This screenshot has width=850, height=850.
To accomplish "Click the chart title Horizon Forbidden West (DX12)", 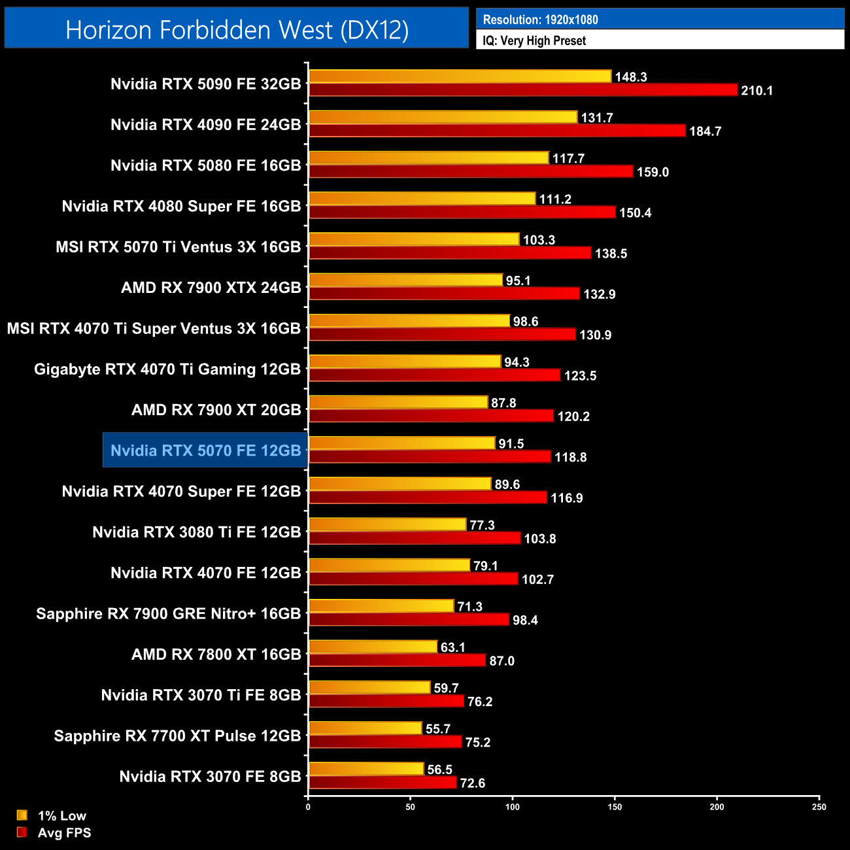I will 237,29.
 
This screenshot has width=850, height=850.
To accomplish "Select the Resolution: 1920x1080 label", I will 540,20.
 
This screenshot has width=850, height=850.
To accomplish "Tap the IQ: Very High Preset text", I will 534,41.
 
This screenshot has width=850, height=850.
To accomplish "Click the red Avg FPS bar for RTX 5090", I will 523,90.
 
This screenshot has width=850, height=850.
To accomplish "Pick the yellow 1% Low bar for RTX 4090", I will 443,117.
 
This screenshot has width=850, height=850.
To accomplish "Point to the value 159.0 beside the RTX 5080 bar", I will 653,172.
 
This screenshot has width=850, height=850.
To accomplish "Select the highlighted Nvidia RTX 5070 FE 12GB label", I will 205,450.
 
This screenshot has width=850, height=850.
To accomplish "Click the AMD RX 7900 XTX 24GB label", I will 211,288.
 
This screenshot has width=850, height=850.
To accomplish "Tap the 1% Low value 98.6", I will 526,322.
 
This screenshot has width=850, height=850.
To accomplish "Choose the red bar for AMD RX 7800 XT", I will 397,660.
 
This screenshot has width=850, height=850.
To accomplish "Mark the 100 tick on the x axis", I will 513,807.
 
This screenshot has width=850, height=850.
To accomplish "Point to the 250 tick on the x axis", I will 819,807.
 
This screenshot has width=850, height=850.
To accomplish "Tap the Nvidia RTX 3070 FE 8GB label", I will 210,777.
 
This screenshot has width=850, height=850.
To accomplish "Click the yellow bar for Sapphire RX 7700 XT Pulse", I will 365,728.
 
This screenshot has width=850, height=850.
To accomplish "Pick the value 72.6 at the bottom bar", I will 473,783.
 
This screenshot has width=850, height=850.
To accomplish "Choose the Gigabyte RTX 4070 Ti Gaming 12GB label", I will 167,369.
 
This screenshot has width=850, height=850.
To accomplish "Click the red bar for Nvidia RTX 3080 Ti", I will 415,538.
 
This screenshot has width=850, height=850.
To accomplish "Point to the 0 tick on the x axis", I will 308,807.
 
